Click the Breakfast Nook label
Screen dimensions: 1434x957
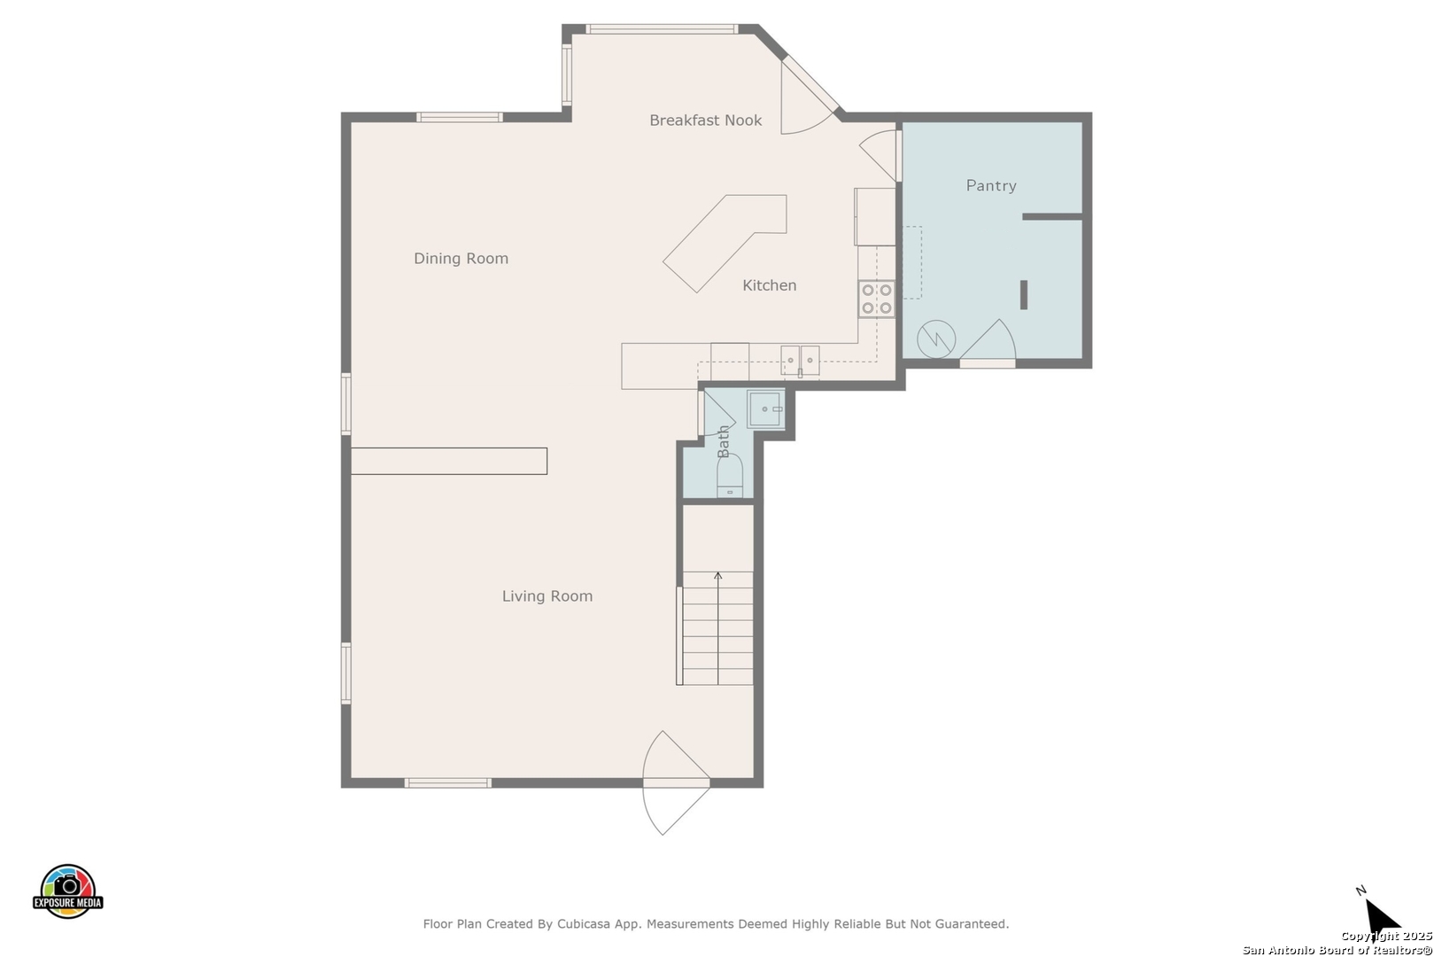(x=705, y=121)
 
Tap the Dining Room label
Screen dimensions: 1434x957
(x=461, y=258)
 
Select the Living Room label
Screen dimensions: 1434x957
(x=547, y=596)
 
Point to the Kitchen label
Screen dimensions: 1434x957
(x=770, y=285)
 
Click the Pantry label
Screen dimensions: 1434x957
(x=991, y=186)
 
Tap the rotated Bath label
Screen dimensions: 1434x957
(x=724, y=441)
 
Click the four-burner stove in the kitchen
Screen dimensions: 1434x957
(x=876, y=300)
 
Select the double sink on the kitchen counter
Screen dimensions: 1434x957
(x=800, y=360)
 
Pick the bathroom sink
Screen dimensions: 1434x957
(x=765, y=408)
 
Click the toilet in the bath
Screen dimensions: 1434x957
(x=730, y=475)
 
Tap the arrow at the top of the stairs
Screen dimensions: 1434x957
(x=718, y=577)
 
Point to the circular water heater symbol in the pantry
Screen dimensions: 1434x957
(x=936, y=339)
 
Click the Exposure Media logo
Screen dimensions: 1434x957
(x=68, y=891)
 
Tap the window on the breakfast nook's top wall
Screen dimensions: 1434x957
(x=662, y=29)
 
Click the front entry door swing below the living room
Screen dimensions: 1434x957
(x=676, y=782)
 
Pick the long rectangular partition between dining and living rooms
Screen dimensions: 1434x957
(x=449, y=461)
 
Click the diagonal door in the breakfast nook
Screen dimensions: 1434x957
(x=808, y=96)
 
